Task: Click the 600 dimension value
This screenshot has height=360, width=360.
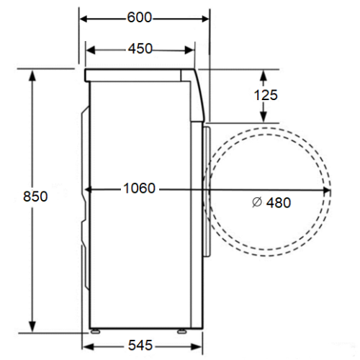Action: pyautogui.click(x=140, y=17)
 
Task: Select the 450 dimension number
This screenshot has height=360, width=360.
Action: pyautogui.click(x=140, y=48)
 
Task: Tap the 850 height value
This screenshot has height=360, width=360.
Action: pyautogui.click(x=35, y=197)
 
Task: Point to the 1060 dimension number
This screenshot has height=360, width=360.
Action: pyautogui.click(x=139, y=188)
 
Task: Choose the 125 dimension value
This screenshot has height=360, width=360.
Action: pyautogui.click(x=266, y=95)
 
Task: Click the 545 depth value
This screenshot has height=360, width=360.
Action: pyautogui.click(x=140, y=345)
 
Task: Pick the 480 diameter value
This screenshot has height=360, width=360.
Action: pyautogui.click(x=279, y=202)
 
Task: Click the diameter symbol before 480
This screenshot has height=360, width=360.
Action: pyautogui.click(x=257, y=202)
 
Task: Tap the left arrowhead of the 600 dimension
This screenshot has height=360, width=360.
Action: pyautogui.click(x=84, y=19)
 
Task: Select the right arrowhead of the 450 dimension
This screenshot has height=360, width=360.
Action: pyautogui.click(x=189, y=50)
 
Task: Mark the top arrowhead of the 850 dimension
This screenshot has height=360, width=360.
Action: pyautogui.click(x=32, y=74)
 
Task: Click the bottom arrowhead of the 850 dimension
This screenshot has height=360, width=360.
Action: pyautogui.click(x=32, y=327)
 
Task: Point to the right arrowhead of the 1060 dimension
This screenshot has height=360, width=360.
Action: pyautogui.click(x=327, y=190)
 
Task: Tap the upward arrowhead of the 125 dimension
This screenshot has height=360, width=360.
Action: pyautogui.click(x=264, y=75)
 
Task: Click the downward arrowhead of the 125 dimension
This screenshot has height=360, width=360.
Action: pyautogui.click(x=264, y=117)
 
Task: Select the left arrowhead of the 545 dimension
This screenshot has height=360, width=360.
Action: pyautogui.click(x=87, y=347)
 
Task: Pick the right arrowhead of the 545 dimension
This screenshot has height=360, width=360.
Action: pyautogui.click(x=197, y=347)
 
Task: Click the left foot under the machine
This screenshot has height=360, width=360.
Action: pyautogui.click(x=95, y=332)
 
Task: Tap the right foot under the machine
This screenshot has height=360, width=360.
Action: pyautogui.click(x=181, y=332)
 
